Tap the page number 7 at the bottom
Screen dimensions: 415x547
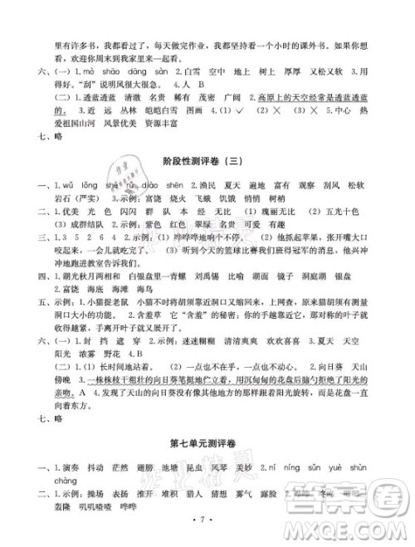tap(207, 530)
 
